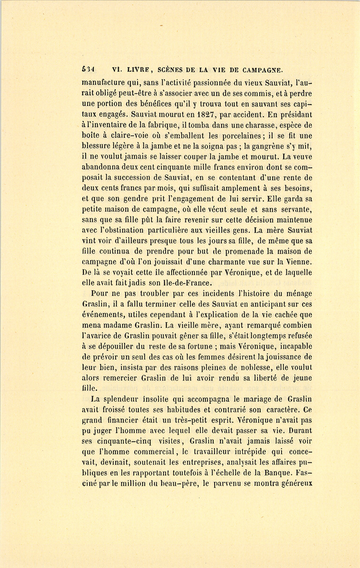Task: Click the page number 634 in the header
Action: point(88,70)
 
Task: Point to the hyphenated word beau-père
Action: point(178,484)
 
